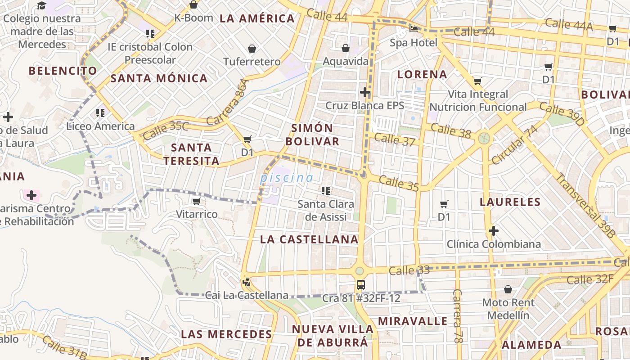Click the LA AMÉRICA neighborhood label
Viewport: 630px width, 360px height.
click(x=257, y=18)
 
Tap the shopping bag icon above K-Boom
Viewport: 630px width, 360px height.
click(x=193, y=5)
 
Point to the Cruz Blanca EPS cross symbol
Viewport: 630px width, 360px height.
click(x=365, y=93)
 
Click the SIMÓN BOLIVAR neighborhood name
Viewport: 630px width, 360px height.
click(x=312, y=135)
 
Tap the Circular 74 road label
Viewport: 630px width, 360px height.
click(x=515, y=145)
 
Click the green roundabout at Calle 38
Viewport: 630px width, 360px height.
click(x=484, y=138)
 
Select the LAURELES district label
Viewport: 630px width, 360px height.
click(x=510, y=202)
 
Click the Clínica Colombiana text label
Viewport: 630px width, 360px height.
click(x=494, y=244)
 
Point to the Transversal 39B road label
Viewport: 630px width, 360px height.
click(x=585, y=205)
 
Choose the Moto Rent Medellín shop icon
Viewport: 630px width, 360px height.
click(x=508, y=289)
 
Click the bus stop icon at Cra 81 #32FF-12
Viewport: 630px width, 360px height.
click(x=360, y=284)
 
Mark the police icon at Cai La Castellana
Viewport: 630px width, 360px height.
click(x=246, y=282)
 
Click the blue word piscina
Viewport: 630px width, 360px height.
click(x=286, y=178)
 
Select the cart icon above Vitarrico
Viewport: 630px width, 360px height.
click(x=196, y=201)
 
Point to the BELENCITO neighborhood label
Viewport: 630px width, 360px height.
click(x=63, y=71)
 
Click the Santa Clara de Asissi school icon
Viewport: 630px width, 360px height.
click(x=325, y=191)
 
